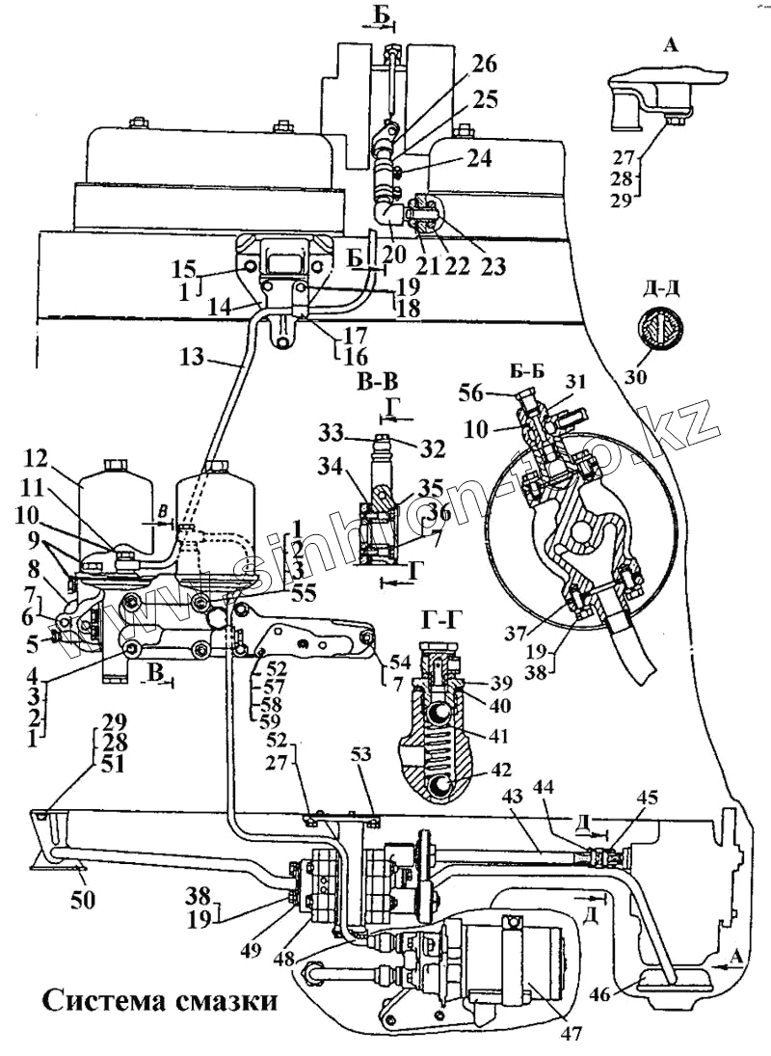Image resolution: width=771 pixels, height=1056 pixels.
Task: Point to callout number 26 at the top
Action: pyautogui.click(x=485, y=66)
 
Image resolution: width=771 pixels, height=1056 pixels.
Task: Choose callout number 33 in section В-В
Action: pyautogui.click(x=332, y=431)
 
